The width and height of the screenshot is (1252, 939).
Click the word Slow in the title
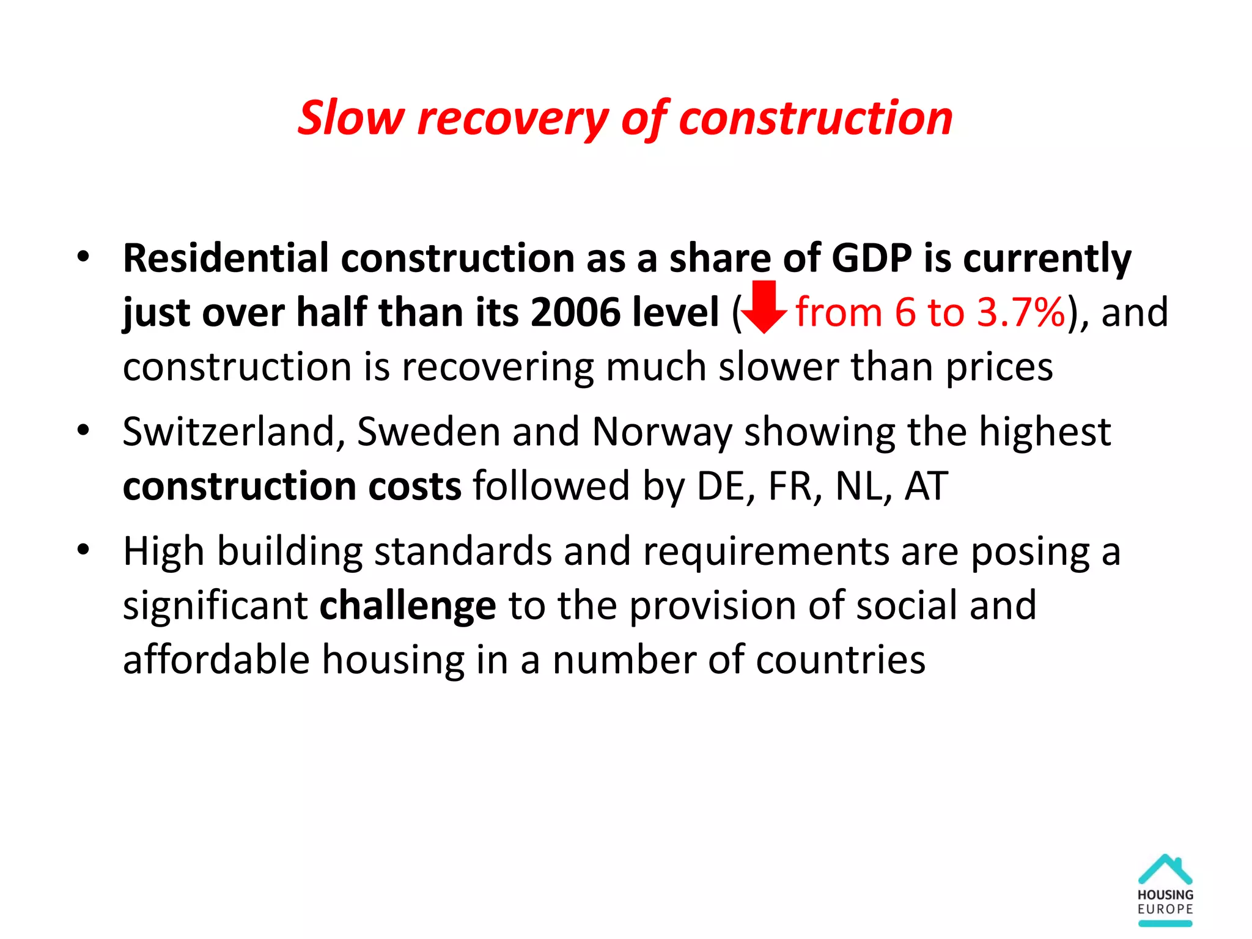[351, 118]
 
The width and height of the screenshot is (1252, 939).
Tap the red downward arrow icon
[764, 307]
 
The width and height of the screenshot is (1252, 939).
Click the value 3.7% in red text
[1020, 313]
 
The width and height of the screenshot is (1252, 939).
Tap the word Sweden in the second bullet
[429, 432]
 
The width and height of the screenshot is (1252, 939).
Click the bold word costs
[415, 487]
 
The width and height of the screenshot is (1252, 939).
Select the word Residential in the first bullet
[226, 259]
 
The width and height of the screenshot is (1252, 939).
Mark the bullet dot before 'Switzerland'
[84, 430]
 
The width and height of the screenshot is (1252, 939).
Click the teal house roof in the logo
[1165, 868]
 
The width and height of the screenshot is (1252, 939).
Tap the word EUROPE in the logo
[1165, 909]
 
